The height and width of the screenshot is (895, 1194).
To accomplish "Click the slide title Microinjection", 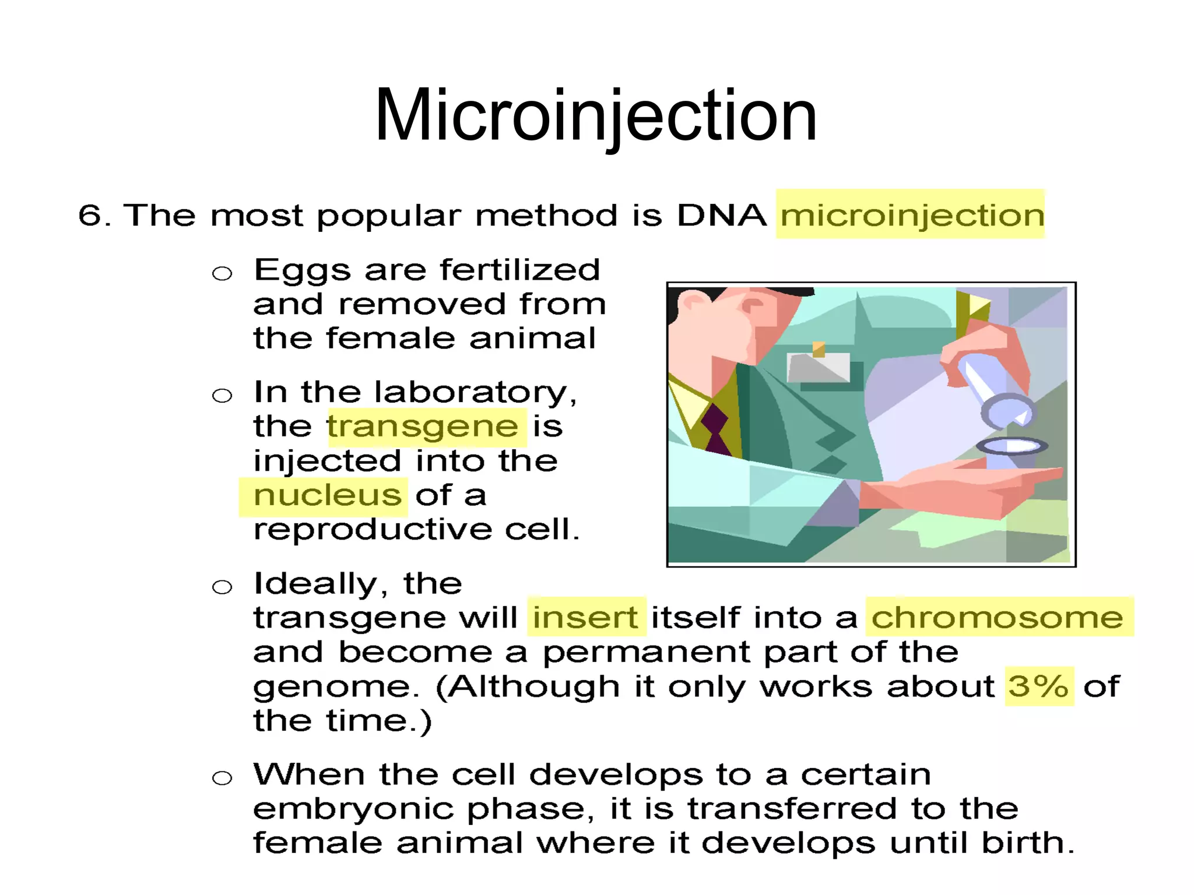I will pyautogui.click(x=596, y=115).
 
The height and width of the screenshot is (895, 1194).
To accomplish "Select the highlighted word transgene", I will pyautogui.click(x=423, y=427).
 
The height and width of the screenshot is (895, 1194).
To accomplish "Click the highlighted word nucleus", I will pyautogui.click(x=327, y=496).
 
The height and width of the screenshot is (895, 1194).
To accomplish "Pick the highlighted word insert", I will pyautogui.click(x=585, y=617).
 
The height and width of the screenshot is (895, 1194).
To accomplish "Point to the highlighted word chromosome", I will pyautogui.click(x=997, y=617).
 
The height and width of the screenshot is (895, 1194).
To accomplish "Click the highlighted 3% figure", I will pyautogui.click(x=1038, y=686).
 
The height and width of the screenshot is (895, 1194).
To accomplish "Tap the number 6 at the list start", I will pyautogui.click(x=90, y=216).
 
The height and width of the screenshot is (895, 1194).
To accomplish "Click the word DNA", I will pyautogui.click(x=721, y=216).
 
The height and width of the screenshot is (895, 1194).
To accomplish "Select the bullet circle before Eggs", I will pyautogui.click(x=222, y=273).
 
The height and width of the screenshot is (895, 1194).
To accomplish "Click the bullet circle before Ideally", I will pyautogui.click(x=222, y=587).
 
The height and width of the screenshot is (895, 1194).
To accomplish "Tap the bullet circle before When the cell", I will pyautogui.click(x=222, y=778).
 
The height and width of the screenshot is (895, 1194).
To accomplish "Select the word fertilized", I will pyautogui.click(x=520, y=270).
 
